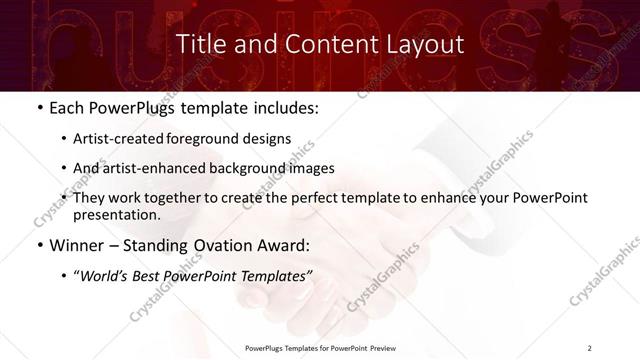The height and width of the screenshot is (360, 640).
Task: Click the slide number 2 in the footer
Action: coord(589,347)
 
